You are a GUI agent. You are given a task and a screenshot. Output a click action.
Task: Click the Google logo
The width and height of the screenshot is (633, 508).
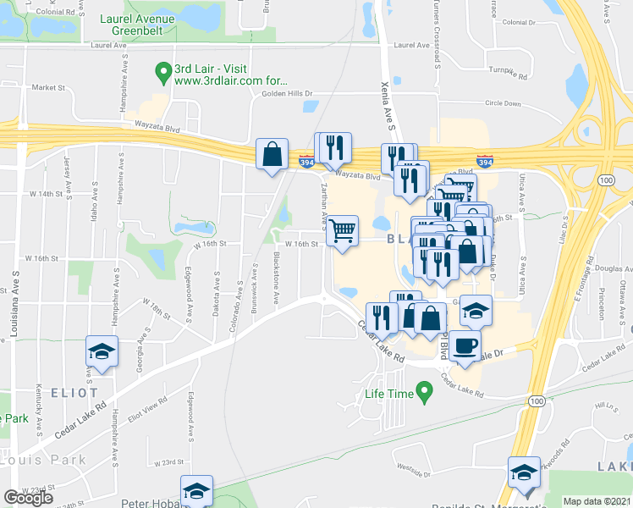click(28, 498)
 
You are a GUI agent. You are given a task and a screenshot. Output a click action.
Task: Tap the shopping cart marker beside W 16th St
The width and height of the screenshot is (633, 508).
click(342, 230)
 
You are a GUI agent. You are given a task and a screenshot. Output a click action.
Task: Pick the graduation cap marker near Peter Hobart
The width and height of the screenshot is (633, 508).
click(196, 491)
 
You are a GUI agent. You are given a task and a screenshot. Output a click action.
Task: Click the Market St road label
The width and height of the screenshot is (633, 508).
click(48, 87)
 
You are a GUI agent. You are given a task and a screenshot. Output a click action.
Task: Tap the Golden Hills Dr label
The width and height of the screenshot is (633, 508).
click(281, 93)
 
